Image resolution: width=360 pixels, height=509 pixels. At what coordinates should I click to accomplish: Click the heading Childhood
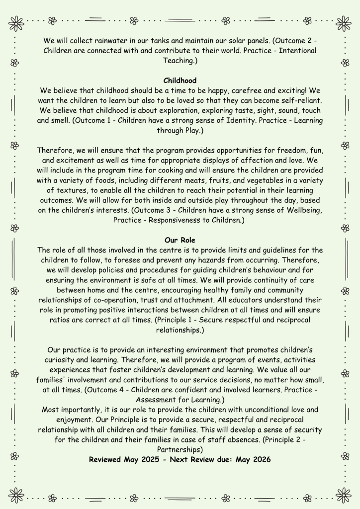[x=180, y=81]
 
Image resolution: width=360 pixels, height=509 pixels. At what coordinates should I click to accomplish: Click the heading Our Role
[x=180, y=240]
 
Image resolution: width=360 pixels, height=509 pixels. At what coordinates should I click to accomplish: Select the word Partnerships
[x=180, y=450]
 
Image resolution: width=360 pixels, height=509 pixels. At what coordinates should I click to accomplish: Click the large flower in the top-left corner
[x=16, y=23]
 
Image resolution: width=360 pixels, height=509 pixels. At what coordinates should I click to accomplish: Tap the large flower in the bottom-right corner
[x=343, y=495]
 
